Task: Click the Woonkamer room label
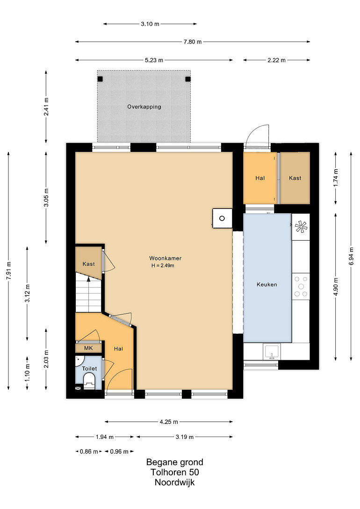[x=165, y=258]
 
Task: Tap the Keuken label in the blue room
[x=267, y=285]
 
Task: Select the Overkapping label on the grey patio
[x=144, y=107]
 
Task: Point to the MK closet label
[x=88, y=348]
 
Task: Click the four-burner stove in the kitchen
[x=301, y=287]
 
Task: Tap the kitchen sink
[x=272, y=352]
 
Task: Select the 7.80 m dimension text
[x=193, y=42]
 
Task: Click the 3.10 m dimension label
[x=150, y=24]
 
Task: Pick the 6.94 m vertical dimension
[x=352, y=256]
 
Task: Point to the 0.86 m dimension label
[x=89, y=452]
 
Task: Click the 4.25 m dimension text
[x=169, y=422]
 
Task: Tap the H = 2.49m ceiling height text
[x=163, y=265]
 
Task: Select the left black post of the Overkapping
[x=101, y=79]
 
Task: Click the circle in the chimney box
[x=222, y=218]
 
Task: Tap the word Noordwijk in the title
[x=175, y=482]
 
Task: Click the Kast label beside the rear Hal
[x=295, y=178]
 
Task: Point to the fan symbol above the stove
[x=301, y=227]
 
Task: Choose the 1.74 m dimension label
[x=336, y=178]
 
